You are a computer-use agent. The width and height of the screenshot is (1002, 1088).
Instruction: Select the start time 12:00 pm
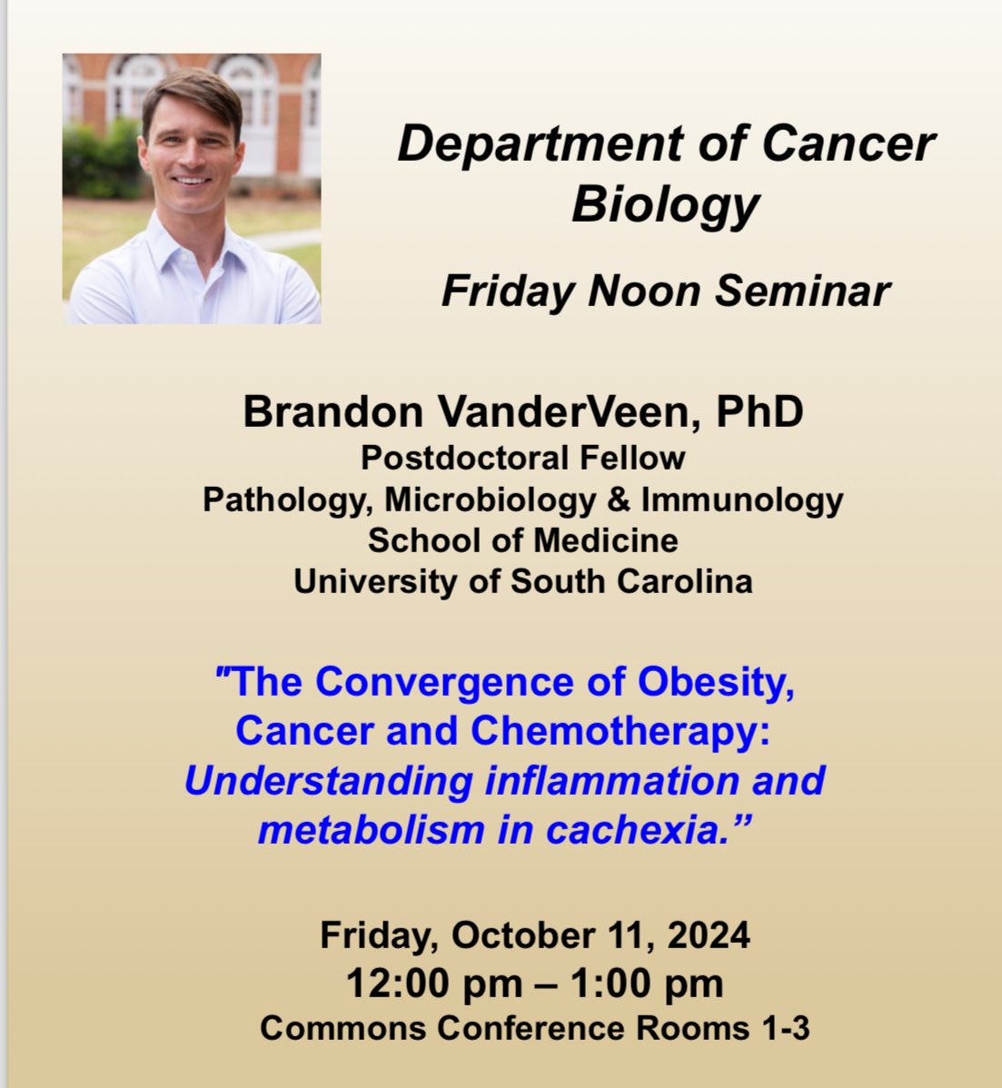[x=433, y=984]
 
